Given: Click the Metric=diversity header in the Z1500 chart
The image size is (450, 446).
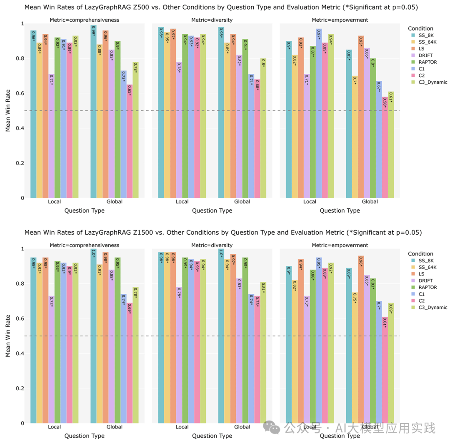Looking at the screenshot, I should [x=212, y=245].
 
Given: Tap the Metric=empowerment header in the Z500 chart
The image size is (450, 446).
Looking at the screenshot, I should [x=340, y=20].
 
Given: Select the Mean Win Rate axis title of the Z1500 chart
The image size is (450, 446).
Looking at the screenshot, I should [x=8, y=336].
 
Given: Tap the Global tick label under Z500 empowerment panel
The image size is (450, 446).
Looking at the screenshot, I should [x=370, y=202].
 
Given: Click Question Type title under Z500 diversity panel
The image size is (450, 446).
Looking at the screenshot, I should [x=212, y=211].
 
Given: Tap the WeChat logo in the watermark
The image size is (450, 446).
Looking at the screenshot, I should [x=274, y=428].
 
